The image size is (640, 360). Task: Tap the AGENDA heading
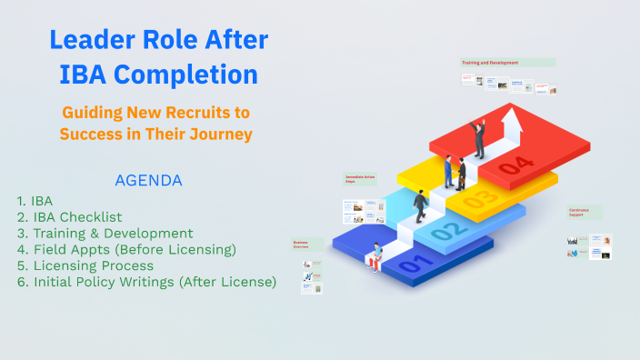pos(148,180)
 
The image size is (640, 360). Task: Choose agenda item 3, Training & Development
pos(105,233)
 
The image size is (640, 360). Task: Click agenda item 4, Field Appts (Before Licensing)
pos(126,249)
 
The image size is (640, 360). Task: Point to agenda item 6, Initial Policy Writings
pos(146,282)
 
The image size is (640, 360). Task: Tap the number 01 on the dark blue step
pos(411,265)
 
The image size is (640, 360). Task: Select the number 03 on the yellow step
pos(480,197)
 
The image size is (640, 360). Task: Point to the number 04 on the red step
pos(515,165)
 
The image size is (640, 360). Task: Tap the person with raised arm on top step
pos(478,137)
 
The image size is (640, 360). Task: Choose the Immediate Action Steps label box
pos(360,179)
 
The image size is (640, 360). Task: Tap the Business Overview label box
pos(307,244)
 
